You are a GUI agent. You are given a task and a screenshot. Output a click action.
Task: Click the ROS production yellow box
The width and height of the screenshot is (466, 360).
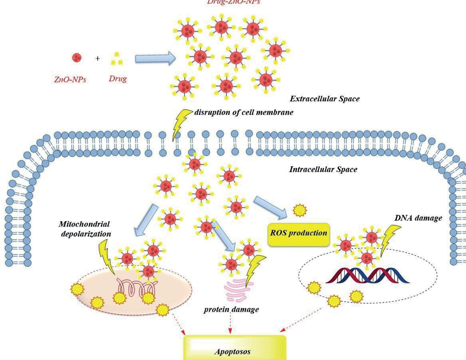point(298,233)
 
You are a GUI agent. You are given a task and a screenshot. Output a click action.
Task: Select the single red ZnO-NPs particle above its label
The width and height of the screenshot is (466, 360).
point(77,58)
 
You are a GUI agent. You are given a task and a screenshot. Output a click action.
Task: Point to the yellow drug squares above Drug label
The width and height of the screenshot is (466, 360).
point(117,60)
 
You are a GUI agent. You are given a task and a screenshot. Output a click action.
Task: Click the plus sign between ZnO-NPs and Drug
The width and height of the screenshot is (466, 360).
point(98,59)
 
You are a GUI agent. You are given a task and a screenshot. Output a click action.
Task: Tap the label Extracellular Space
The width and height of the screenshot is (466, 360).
point(324,99)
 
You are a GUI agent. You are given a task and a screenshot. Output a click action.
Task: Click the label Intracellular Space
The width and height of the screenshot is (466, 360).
point(323,170)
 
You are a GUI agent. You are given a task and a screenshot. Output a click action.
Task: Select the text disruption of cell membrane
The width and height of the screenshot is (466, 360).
point(244,112)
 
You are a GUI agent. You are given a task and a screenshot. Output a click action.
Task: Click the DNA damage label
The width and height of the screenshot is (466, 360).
point(418,218)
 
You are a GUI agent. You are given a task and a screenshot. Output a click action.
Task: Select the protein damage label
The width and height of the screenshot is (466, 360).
point(231,310)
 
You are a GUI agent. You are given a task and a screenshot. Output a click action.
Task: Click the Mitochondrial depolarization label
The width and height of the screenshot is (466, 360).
point(84,229)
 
